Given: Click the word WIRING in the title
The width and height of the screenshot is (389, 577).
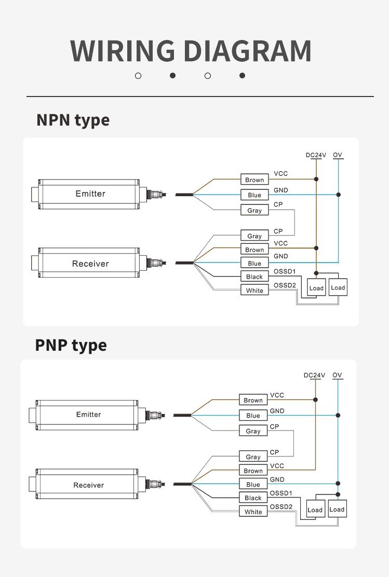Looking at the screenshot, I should pos(123,51).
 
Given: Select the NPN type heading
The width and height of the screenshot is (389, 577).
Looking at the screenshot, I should pos(73,120).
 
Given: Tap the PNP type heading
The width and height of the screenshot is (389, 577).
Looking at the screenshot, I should pos(71,345).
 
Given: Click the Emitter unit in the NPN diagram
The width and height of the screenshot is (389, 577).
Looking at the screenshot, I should pos(90,194).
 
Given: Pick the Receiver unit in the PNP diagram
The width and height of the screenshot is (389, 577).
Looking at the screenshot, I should pos(88,485).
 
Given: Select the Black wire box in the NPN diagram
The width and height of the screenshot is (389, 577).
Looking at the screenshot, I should pos(254,277).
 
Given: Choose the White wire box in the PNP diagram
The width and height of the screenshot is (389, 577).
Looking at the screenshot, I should pos(253,512).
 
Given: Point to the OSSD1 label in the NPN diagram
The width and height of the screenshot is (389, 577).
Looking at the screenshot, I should pos(284,271).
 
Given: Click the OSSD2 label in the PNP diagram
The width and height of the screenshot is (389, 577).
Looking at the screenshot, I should pos(281,507).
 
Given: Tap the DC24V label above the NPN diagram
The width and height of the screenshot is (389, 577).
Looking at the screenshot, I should pos(315,155).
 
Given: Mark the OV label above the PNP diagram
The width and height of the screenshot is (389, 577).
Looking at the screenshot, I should pos(337,375).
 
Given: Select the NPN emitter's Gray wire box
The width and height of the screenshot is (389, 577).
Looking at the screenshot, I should pos(254,211).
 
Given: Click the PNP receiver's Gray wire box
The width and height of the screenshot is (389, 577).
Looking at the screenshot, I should pos(253,457).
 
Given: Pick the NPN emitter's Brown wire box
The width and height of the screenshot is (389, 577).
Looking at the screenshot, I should pos(254,180).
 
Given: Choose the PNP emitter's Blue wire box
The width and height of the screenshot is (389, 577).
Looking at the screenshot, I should pos(253,415).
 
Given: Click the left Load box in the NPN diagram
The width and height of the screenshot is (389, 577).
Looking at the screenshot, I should pos(316,288).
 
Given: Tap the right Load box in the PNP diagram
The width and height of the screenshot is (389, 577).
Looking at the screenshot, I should pos(337,509).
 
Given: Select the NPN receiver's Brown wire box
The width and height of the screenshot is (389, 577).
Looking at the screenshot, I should pos(254,250).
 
